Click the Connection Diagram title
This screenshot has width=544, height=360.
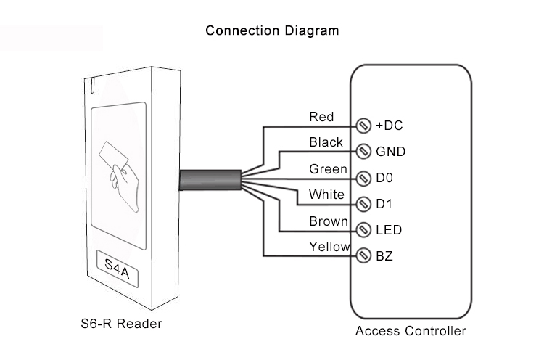(x=272, y=30)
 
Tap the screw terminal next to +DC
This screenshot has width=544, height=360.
(x=364, y=126)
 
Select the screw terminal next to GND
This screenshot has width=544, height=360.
(x=364, y=152)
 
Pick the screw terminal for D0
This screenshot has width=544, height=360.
(x=364, y=178)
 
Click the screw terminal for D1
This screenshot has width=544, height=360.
(x=364, y=204)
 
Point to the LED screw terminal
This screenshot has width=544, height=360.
(x=364, y=230)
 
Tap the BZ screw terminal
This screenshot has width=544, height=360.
(x=364, y=256)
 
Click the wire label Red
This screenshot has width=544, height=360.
(x=321, y=116)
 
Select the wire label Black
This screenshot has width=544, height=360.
(x=326, y=142)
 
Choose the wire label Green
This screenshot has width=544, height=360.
(x=328, y=168)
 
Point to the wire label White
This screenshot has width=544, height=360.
(x=326, y=195)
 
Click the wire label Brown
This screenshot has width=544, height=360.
(x=329, y=221)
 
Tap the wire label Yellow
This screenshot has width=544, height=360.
(x=330, y=247)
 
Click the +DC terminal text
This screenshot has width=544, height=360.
(x=389, y=126)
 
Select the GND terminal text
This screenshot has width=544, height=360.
(x=390, y=152)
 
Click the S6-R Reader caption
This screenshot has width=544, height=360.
(x=121, y=323)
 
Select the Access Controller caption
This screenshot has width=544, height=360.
(x=411, y=332)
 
